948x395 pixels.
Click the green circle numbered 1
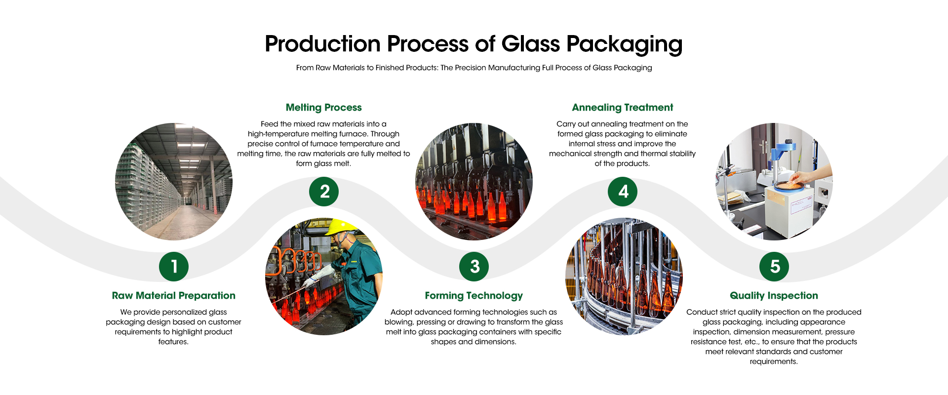(174, 267)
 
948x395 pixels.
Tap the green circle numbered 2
(324, 192)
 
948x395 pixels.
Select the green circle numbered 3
(474, 267)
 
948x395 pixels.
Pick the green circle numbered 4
(623, 192)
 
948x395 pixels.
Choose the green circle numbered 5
(774, 267)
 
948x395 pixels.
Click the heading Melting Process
(324, 108)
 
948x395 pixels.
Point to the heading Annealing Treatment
(623, 108)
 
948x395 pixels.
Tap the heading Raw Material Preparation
(174, 296)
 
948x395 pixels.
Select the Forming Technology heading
(474, 296)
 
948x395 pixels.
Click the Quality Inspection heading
(774, 296)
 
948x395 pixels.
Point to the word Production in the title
(322, 44)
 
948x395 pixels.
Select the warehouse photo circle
(174, 182)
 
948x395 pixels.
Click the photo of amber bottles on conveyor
(624, 276)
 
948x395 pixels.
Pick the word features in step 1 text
(173, 342)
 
